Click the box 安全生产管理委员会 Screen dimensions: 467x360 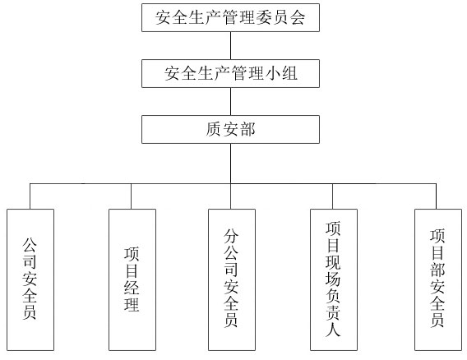point(230,17)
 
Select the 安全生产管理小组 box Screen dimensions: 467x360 point(230,73)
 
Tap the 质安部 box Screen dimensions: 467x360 point(230,130)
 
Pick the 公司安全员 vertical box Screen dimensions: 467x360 point(30,279)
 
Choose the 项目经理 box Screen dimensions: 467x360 point(132,279)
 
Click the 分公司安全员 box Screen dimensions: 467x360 point(232,279)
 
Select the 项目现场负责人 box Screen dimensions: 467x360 point(334,279)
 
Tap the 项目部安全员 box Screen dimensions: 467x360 point(438,279)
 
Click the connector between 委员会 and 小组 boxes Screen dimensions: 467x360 point(230,45)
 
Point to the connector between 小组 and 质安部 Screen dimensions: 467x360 point(230,102)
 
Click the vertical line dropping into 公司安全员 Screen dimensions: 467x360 point(30,196)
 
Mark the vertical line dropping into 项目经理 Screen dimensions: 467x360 point(131,196)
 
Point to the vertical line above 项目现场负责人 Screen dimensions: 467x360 point(332,196)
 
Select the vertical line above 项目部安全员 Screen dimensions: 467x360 point(437,196)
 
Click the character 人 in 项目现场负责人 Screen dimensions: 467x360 point(333,329)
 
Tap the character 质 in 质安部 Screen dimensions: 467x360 point(213,130)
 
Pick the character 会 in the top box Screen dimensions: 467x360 point(298,17)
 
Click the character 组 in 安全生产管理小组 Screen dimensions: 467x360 point(289,73)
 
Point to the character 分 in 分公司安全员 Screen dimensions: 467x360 point(231,236)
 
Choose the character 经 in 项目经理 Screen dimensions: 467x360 point(132,287)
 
